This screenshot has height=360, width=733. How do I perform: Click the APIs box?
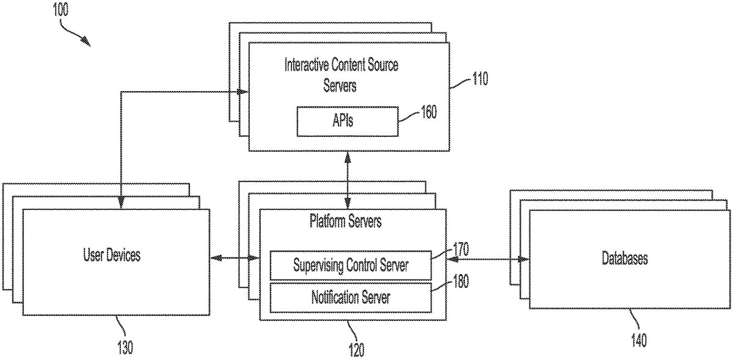(347, 121)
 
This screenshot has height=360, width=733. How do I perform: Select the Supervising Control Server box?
(351, 265)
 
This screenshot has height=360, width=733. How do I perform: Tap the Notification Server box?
(351, 298)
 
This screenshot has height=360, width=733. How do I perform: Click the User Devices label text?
(111, 255)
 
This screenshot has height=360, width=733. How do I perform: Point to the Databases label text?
(624, 258)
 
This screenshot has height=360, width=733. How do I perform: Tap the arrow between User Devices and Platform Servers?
(235, 259)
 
